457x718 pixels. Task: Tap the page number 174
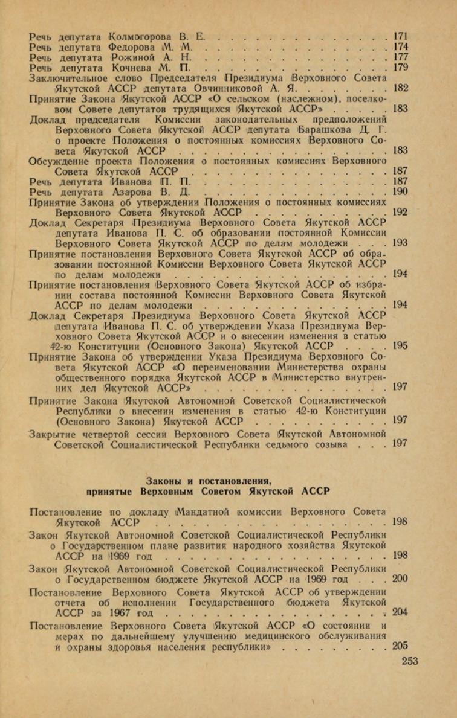tap(400, 46)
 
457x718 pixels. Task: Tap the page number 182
tap(400, 88)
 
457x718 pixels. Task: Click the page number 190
tap(400, 192)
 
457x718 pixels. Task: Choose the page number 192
tap(400, 213)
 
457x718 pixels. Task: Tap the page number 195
tap(400, 346)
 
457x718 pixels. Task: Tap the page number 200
tap(400, 579)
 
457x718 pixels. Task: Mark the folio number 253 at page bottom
tap(409, 661)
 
